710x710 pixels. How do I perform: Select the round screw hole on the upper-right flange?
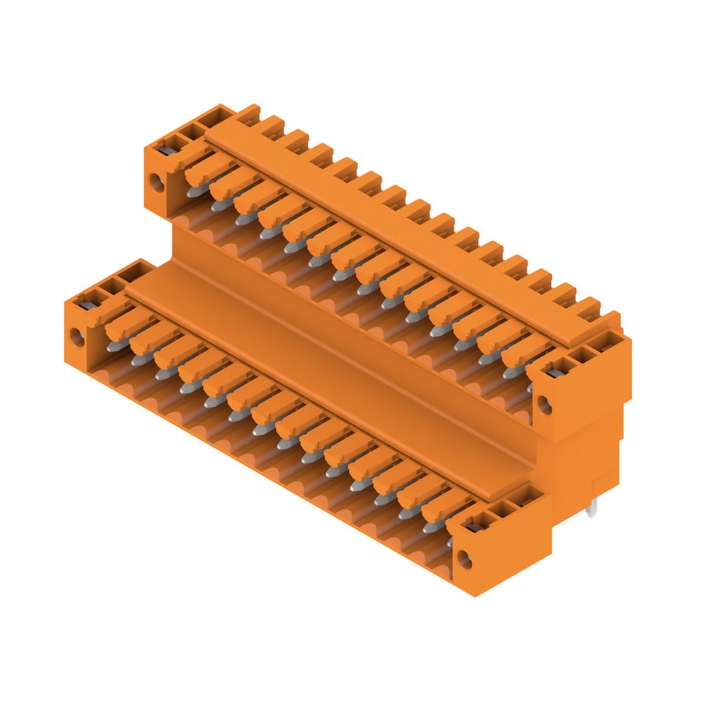tap(545, 405)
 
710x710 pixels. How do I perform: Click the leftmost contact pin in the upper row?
tap(193, 188)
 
